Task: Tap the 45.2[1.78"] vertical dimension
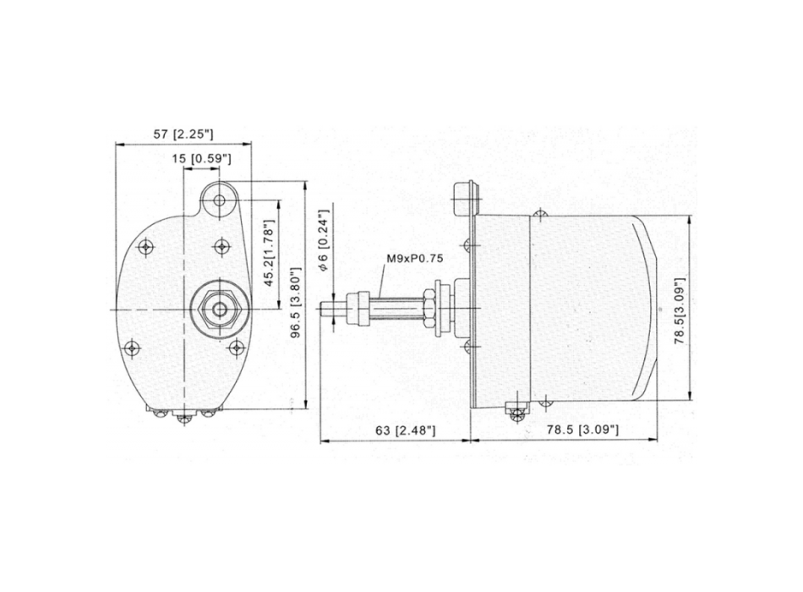pos(268,255)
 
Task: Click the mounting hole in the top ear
pos(220,200)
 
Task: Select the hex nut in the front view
pos(220,310)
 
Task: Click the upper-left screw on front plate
pos(146,246)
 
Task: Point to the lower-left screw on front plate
pos(131,348)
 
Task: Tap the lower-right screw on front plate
pos(238,348)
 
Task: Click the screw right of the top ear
pos(221,246)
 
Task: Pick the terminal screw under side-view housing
pos(515,412)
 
